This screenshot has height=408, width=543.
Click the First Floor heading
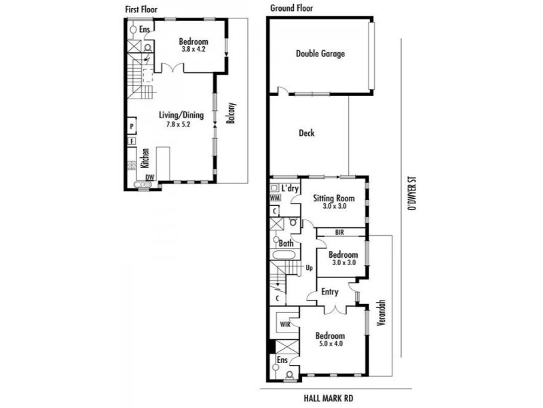[141, 10]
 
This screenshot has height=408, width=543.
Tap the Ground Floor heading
[291, 8]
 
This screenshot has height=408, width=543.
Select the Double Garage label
[320, 54]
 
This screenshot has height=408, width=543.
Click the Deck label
[307, 133]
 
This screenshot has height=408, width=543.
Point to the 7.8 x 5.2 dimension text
[179, 124]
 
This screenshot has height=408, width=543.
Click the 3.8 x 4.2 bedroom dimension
[193, 49]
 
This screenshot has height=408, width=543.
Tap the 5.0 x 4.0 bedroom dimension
[331, 344]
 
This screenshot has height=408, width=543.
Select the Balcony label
[231, 113]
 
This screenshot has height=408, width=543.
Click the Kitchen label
[145, 158]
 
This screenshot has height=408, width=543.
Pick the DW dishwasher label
[149, 177]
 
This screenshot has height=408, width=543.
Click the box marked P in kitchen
[132, 126]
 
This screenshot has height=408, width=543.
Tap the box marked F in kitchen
[132, 141]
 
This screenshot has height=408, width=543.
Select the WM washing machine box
[275, 198]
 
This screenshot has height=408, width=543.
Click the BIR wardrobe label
[340, 233]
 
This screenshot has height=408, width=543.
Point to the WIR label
[285, 325]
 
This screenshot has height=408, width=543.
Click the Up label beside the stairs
[310, 268]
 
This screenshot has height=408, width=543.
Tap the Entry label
[330, 292]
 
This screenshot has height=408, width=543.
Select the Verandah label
[381, 312]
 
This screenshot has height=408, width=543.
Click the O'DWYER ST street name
[411, 194]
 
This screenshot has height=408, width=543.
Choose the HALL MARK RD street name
[329, 398]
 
